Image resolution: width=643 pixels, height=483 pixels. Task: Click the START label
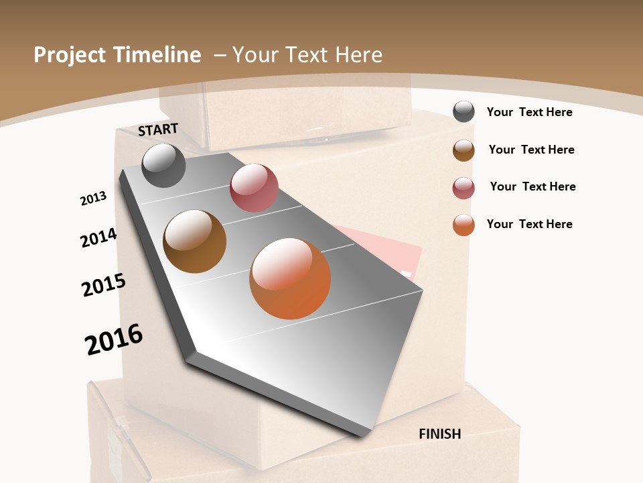158,129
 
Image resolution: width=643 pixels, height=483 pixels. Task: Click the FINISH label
440,434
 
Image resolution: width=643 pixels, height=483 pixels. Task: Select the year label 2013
93,199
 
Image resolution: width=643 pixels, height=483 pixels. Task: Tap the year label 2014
98,237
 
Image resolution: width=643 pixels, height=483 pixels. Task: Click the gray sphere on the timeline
164,165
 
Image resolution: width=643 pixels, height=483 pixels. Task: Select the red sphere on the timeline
254,188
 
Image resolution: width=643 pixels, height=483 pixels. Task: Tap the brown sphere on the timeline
195,241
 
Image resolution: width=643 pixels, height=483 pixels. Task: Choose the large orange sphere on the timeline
290,278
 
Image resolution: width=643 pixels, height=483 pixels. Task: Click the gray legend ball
463,112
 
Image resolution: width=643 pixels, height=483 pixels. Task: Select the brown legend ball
463,150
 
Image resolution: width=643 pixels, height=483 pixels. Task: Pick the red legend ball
463,188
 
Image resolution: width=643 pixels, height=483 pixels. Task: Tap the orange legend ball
463,225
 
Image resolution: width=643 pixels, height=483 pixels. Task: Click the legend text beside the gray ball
529,112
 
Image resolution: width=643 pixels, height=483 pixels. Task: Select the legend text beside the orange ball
529,224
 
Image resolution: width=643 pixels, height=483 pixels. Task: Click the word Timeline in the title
158,55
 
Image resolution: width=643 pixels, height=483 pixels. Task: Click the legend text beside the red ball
532,186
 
